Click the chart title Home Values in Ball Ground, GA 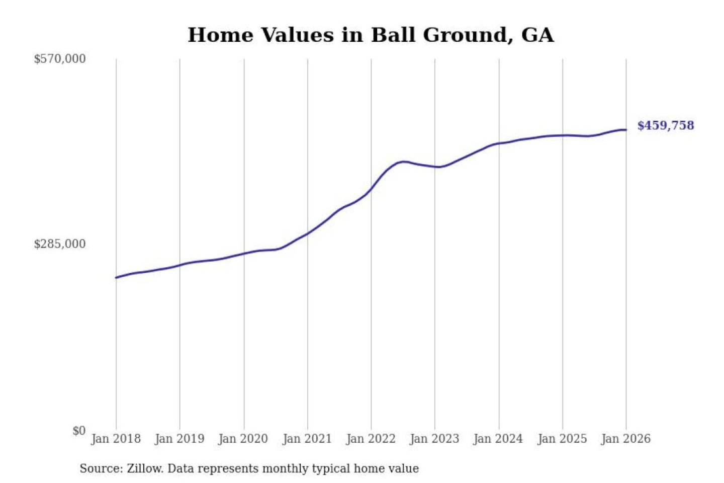click(371, 35)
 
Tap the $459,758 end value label click(665, 125)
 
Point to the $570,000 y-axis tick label click(60, 59)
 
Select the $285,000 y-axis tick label click(60, 244)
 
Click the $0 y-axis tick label click(79, 431)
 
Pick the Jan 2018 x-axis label click(116, 439)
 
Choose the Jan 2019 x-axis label click(179, 439)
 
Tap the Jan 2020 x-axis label click(243, 439)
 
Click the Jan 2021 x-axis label click(307, 439)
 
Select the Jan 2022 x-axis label click(371, 439)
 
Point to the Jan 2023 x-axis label click(434, 439)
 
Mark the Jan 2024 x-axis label click(498, 439)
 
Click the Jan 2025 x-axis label click(562, 439)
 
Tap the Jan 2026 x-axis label click(626, 439)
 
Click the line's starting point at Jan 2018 click(116, 277)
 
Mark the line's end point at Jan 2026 click(626, 130)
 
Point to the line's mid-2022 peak click(403, 162)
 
